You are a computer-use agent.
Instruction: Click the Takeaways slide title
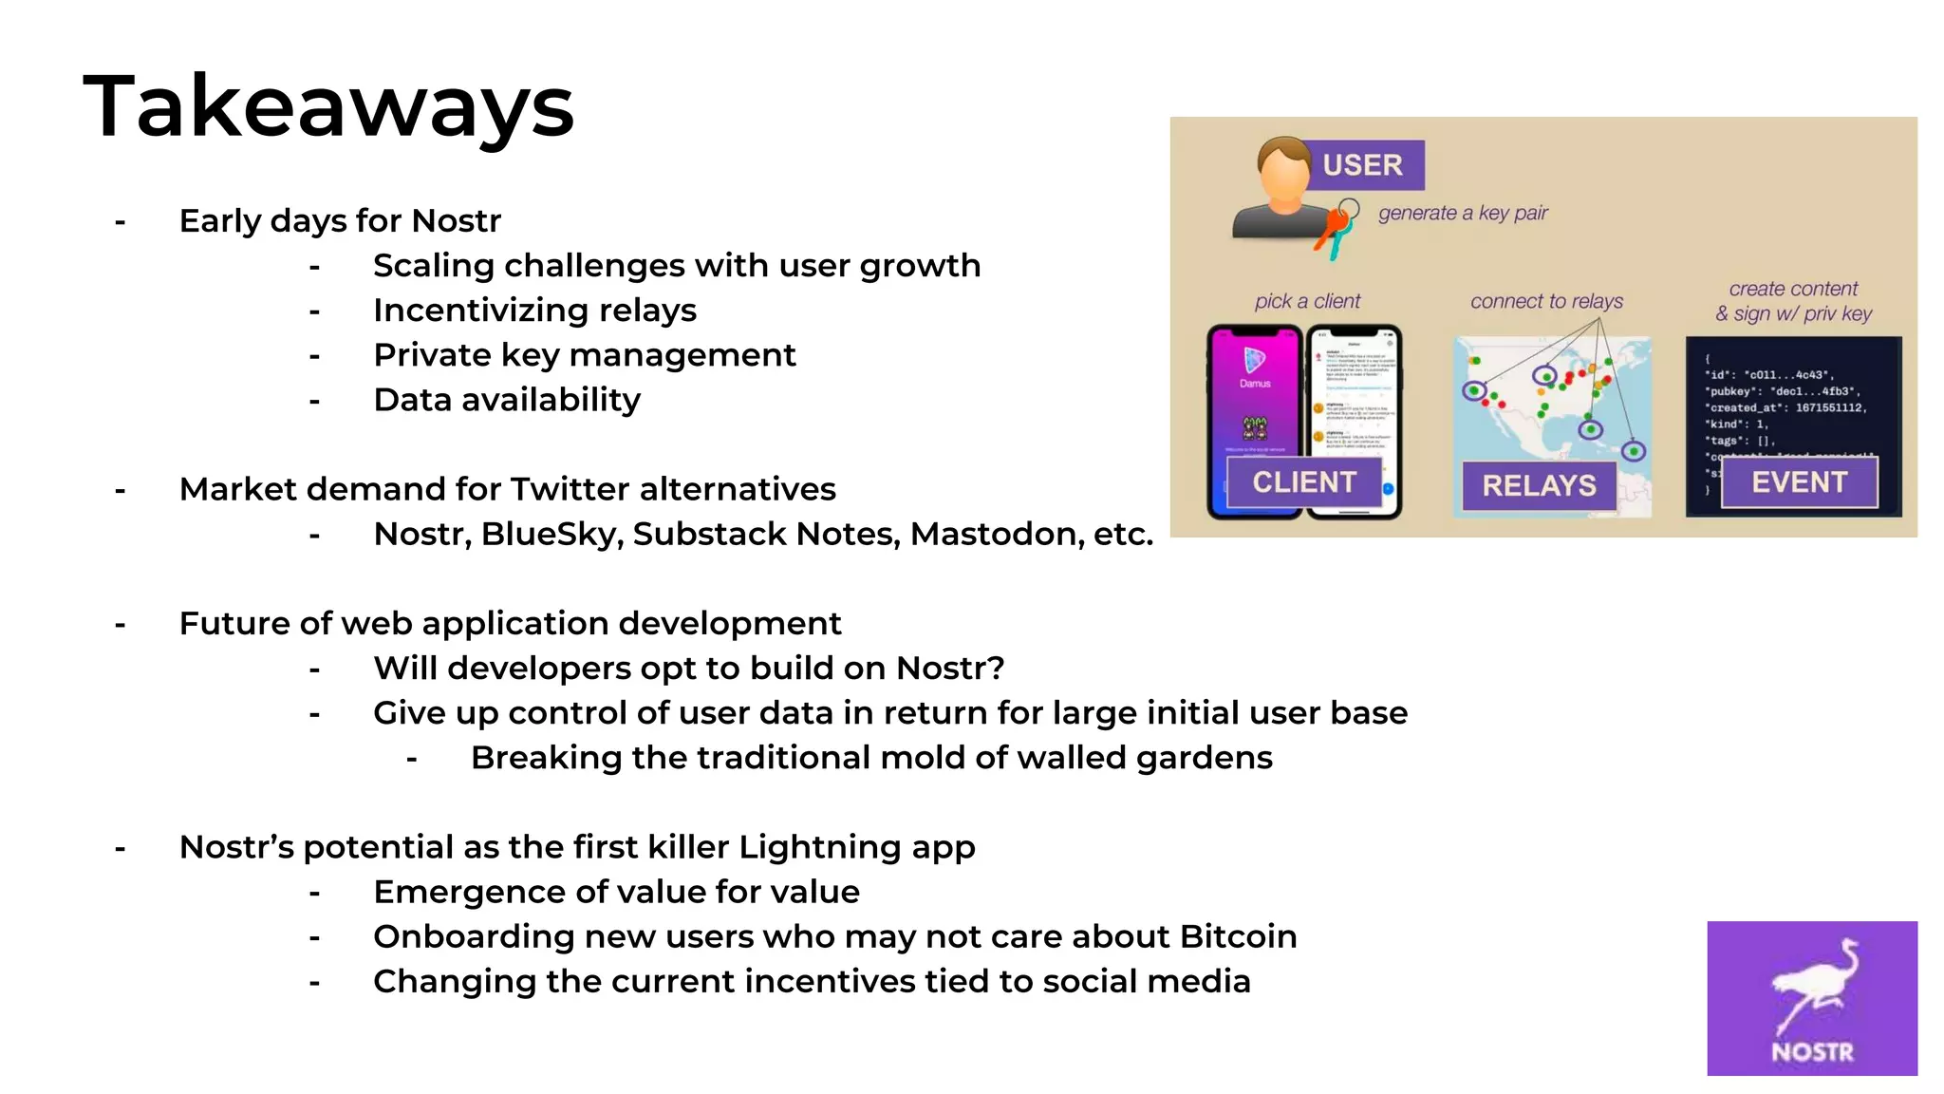point(328,106)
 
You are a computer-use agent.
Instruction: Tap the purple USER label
point(1362,165)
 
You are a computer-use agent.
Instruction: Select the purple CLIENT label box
point(1304,482)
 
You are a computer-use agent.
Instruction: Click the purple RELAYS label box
point(1539,485)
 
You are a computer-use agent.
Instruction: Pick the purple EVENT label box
point(1799,482)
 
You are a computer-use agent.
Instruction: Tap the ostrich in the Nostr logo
point(1815,988)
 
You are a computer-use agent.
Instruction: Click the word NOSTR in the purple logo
point(1812,1052)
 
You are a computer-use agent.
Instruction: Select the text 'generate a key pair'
point(1463,213)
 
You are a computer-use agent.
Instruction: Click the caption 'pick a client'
point(1307,301)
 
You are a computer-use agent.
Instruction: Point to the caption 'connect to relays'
point(1546,301)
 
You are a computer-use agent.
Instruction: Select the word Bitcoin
point(1238,936)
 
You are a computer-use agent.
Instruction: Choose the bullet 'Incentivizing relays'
point(534,311)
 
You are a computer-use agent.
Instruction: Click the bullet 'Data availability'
point(507,400)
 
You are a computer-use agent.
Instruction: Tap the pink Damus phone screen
point(1255,399)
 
